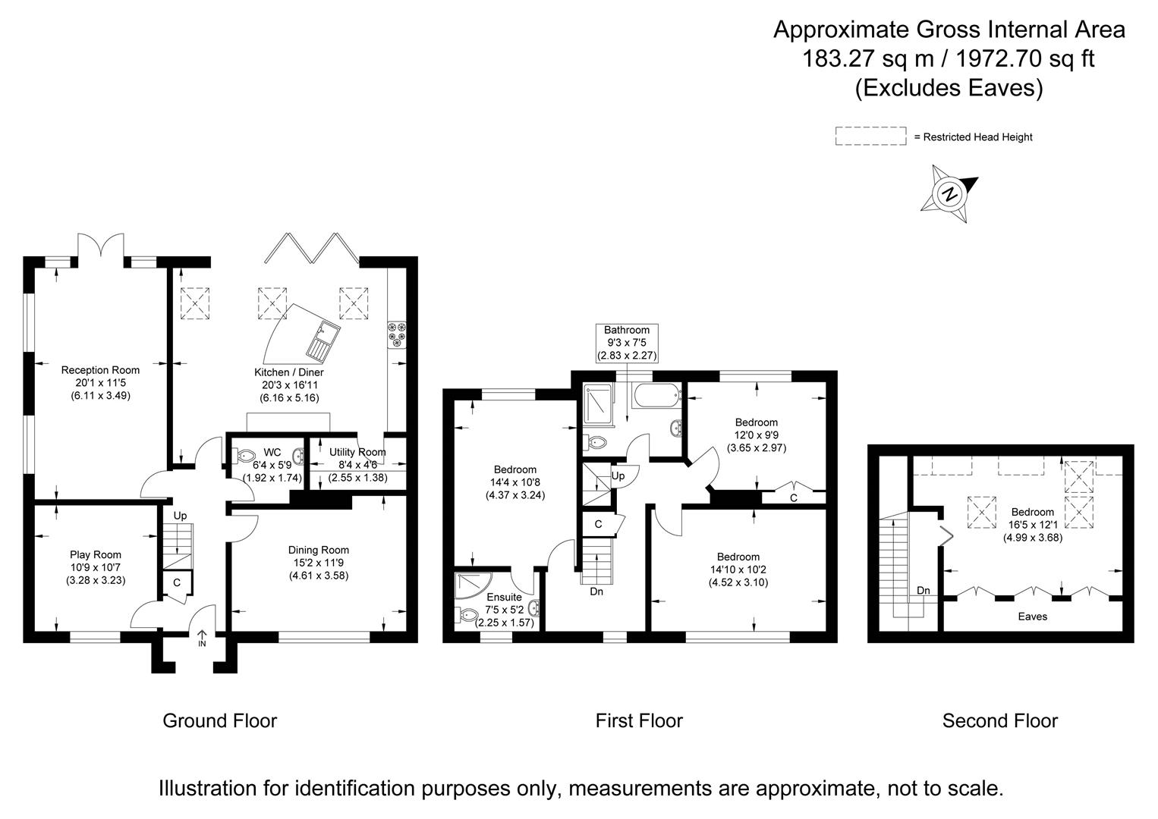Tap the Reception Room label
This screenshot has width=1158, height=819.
[100, 370]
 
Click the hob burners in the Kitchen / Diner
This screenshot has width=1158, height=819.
[397, 334]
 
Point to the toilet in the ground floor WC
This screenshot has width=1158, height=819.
[244, 457]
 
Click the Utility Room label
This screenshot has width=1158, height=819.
[357, 452]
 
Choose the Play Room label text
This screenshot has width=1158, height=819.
[96, 554]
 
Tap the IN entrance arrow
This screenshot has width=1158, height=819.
[202, 638]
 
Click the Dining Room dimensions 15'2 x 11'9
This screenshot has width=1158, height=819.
[318, 563]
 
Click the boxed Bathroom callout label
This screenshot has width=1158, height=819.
[627, 342]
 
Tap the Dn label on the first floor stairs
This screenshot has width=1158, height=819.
[596, 591]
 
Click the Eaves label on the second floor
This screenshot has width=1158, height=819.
[1033, 617]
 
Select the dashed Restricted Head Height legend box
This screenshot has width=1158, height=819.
[870, 136]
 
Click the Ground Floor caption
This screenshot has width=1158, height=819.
[220, 720]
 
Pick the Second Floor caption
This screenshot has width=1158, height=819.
[999, 720]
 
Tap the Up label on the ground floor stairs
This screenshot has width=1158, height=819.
[180, 516]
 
